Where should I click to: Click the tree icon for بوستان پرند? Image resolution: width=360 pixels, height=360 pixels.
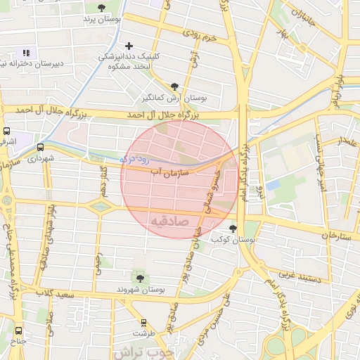[102, 8]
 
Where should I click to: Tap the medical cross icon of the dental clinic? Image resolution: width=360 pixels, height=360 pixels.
[128, 46]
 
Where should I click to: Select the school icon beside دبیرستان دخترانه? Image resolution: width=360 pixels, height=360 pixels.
[27, 53]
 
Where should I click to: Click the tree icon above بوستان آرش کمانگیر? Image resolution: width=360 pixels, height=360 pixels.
[175, 86]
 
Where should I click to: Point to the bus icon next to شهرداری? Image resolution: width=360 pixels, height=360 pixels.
[39, 148]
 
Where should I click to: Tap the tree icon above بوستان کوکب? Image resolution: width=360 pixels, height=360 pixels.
[233, 228]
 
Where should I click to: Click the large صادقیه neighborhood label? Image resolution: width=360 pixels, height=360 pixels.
[169, 221]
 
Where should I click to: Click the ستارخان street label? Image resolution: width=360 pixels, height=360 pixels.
[335, 235]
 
